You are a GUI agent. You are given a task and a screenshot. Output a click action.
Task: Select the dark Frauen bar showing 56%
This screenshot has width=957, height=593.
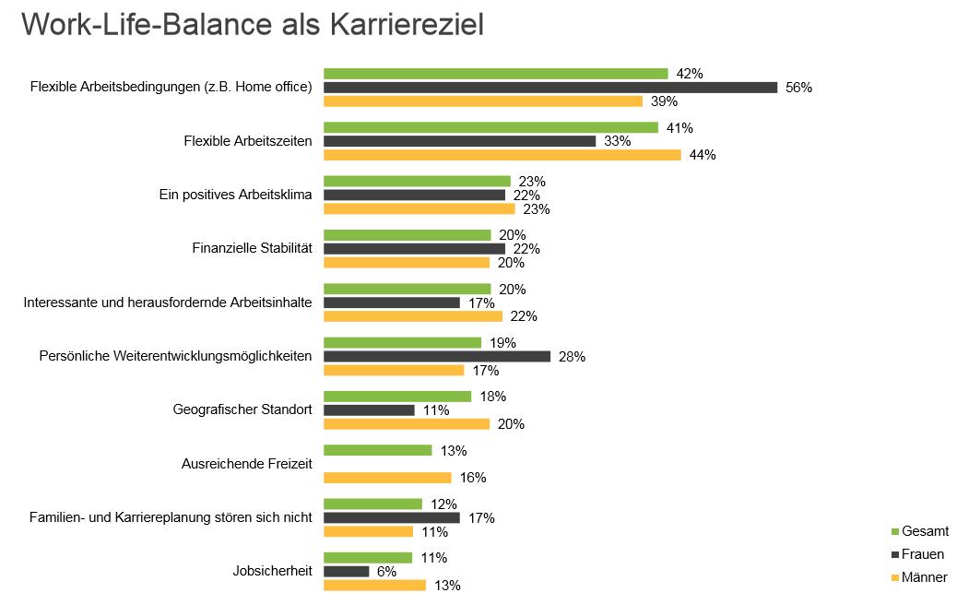550,88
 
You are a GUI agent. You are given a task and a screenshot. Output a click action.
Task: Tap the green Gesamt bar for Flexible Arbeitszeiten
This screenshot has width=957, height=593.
490,127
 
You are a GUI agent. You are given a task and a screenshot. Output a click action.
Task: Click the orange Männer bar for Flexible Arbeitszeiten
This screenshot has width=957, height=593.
502,155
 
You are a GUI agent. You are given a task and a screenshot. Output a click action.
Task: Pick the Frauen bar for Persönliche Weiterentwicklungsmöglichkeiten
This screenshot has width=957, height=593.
437,356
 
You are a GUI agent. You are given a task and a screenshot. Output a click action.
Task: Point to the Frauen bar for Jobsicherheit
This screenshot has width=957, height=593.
347,571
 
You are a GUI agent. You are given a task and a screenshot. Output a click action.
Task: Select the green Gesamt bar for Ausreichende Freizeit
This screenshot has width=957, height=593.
378,450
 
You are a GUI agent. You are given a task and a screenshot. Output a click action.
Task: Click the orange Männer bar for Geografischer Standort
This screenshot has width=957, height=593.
407,424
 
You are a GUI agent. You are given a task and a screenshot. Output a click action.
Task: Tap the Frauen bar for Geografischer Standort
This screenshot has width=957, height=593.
369,410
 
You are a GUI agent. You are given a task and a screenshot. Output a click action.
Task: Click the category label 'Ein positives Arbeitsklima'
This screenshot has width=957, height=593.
236,196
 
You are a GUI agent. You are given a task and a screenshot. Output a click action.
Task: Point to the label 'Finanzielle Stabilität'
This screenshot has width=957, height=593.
252,249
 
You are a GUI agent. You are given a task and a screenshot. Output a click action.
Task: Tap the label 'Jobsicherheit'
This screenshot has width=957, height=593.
272,571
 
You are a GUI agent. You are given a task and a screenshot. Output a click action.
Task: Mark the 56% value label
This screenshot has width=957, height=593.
798,88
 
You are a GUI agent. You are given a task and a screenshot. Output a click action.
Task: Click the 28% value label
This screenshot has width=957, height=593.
572,357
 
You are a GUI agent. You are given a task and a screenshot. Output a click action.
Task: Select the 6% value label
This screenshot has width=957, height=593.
386,572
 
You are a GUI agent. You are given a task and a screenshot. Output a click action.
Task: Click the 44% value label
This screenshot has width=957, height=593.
703,155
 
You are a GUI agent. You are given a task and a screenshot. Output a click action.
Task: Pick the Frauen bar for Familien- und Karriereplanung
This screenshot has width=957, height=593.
392,517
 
